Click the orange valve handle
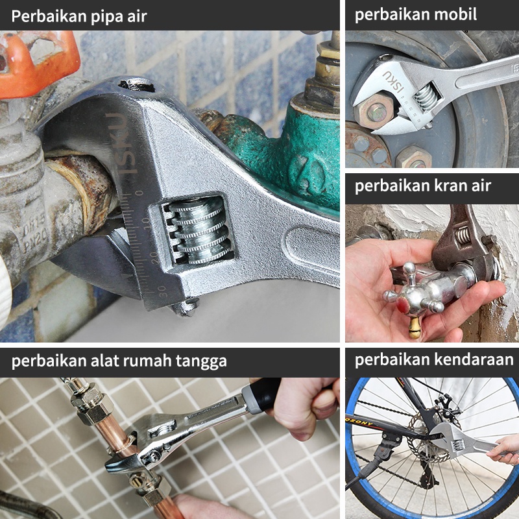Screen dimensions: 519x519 36,63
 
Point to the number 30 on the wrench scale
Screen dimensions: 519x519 162,291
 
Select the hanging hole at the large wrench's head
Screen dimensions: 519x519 136,85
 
